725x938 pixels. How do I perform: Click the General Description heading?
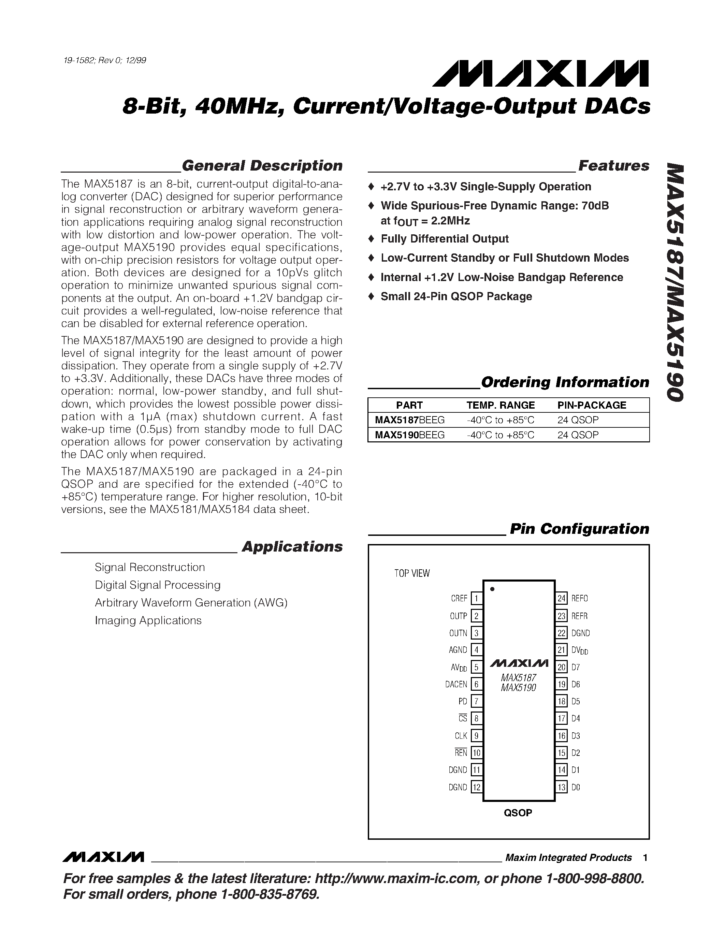coord(262,166)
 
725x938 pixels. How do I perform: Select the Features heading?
coord(613,166)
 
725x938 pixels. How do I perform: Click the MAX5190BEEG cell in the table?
coord(409,435)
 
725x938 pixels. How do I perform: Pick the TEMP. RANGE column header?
coord(501,405)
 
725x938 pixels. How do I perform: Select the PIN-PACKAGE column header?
coord(591,405)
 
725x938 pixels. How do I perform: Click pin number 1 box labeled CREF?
coord(476,598)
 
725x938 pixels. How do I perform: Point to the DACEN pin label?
coord(456,684)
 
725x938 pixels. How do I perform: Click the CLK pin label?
coord(461,736)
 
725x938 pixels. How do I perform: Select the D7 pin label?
coord(576,667)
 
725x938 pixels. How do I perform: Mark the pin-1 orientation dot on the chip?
coord(492,589)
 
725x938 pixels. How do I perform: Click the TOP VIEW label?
coord(412,573)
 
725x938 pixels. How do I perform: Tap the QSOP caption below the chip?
coord(518,812)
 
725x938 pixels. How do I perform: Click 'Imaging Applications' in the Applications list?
coord(148,620)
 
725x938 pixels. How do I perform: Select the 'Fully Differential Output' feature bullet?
coord(445,239)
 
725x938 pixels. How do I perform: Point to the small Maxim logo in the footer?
coord(103,857)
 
